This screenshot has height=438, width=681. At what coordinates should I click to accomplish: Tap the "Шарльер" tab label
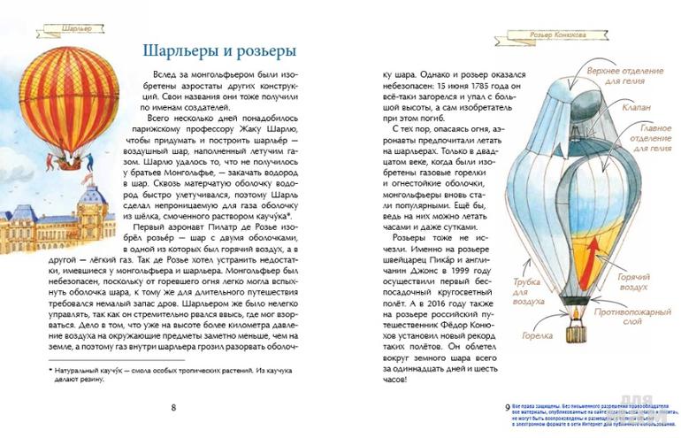pos(77,28)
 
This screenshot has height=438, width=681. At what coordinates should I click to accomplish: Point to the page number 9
pos(507,406)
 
